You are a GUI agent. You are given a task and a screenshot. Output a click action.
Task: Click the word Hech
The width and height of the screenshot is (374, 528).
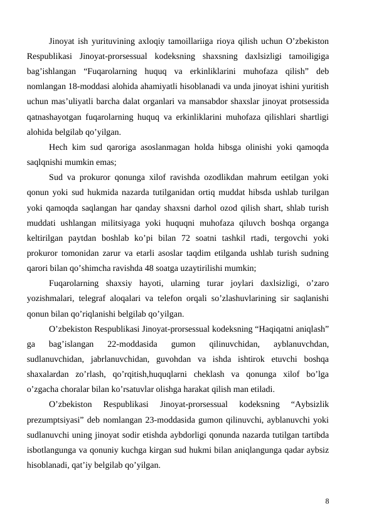point(58,147)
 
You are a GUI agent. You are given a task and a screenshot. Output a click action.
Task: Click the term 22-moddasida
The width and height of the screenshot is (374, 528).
point(132,342)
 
